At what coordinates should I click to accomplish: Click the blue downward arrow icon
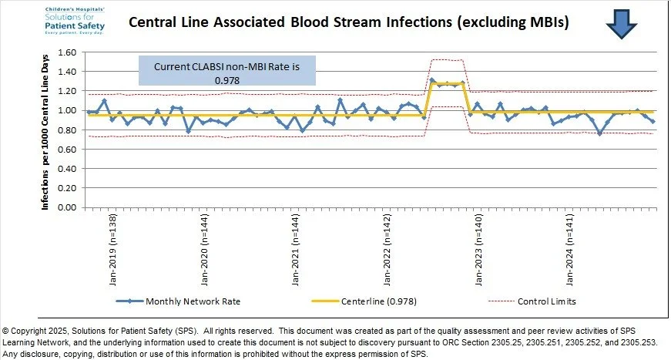(x=621, y=22)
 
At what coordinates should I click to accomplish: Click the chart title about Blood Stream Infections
(x=348, y=22)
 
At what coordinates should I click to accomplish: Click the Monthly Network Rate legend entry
(x=186, y=301)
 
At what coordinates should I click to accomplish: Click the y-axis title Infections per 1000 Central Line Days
(x=46, y=130)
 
